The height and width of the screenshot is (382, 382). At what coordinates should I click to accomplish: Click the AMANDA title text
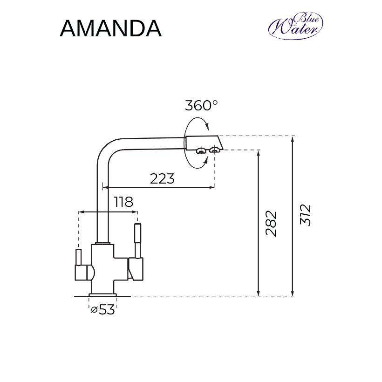coord(110,29)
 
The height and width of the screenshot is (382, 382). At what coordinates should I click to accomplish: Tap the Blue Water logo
coord(295,26)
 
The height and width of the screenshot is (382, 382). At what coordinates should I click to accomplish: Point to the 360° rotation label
coord(201,105)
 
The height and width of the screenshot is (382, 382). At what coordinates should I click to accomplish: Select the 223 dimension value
coord(162,178)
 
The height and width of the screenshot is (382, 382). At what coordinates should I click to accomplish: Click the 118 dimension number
coord(123,202)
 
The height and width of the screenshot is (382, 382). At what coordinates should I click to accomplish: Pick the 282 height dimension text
coord(272,224)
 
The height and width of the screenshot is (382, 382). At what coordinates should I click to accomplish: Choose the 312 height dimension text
coord(306,215)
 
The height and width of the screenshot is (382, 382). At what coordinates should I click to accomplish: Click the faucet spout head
coord(204,142)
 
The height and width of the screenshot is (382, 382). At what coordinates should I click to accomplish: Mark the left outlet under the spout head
coord(201,150)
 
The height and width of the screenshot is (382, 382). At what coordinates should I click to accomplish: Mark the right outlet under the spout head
coord(215,150)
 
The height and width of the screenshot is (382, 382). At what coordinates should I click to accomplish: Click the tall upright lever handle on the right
coord(137,240)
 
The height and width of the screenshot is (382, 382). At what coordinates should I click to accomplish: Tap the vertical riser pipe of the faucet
coord(102,210)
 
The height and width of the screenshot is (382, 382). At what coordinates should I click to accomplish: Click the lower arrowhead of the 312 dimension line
coord(293,293)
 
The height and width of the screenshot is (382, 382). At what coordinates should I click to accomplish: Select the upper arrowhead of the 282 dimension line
coord(259,153)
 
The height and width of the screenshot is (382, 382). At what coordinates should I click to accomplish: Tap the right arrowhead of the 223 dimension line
coord(212,187)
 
